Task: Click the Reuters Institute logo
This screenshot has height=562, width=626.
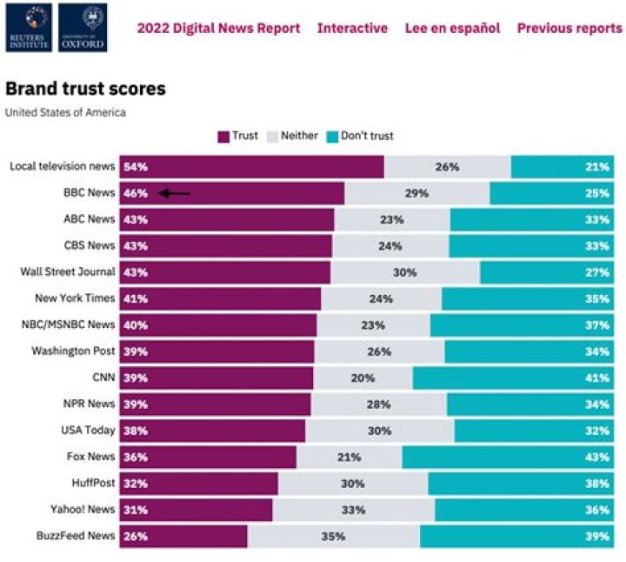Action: coord(28,27)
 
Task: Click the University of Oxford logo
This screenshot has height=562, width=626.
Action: coord(83,27)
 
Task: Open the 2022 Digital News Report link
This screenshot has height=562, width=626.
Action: coord(218,28)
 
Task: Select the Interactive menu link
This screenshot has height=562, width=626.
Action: coord(352,28)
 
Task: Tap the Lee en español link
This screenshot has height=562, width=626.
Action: coord(452,28)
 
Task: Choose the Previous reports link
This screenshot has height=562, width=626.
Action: coord(569,28)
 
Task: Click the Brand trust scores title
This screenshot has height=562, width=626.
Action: coord(85,89)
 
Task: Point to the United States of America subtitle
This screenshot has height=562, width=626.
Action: coord(65,112)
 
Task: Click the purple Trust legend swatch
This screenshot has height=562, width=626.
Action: coord(223,136)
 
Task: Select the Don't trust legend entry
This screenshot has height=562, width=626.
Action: coord(358,136)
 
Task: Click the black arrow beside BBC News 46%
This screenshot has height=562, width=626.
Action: coord(176,193)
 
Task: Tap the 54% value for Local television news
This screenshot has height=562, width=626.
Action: coord(136,167)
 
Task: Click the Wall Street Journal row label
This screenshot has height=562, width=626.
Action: coord(68,272)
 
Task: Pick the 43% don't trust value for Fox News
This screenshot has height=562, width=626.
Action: coord(596,457)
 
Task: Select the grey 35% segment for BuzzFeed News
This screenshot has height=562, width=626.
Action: coord(333,536)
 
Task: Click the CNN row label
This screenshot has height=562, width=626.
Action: coord(102,378)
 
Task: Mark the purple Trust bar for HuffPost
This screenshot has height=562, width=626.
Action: coord(198,484)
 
